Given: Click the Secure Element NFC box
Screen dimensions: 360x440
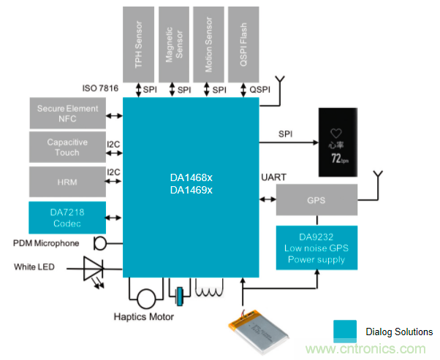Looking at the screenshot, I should tap(67, 114).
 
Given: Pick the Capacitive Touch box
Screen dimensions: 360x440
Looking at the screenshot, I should tap(67, 146).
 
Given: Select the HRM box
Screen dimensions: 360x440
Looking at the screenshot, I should tap(67, 180).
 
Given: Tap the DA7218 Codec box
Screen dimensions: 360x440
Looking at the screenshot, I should tap(67, 217).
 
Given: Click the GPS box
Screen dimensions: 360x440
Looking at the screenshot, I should tap(316, 199).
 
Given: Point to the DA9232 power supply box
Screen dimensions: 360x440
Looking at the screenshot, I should tap(316, 248).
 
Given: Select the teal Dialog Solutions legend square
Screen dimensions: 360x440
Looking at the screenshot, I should tap(346, 331).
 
